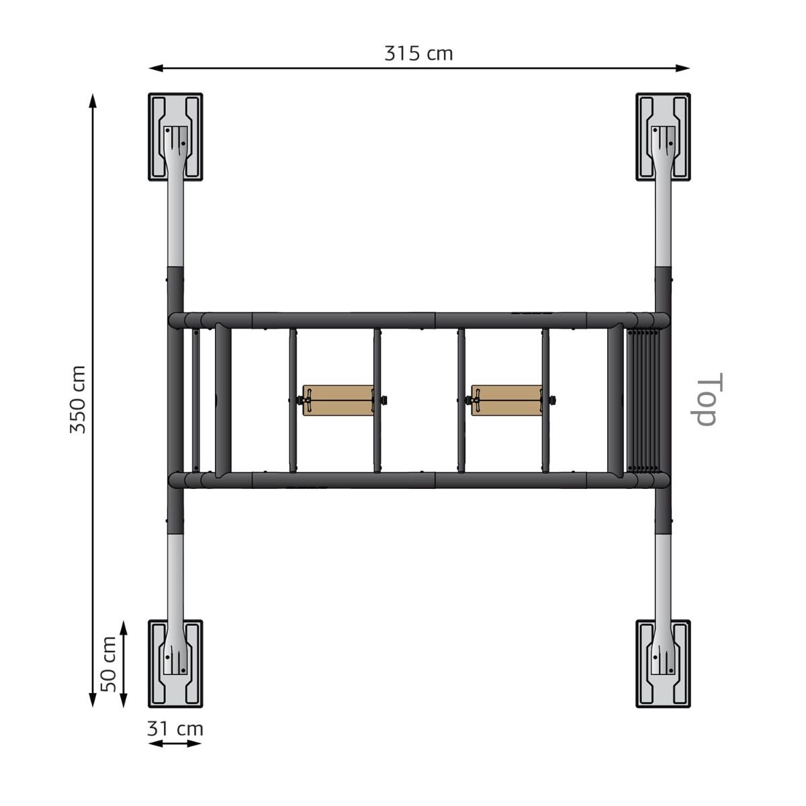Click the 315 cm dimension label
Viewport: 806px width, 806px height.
(418, 54)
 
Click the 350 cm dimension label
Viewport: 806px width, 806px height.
(78, 400)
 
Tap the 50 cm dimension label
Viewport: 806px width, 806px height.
(108, 664)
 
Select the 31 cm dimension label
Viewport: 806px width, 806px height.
(175, 729)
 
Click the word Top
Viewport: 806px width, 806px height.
(707, 399)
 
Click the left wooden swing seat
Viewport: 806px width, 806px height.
(338, 400)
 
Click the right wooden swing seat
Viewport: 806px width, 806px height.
(507, 400)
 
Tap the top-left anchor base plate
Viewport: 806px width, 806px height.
(175, 137)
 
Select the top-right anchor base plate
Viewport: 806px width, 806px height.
(663, 137)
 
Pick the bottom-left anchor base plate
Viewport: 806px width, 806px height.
(175, 664)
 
